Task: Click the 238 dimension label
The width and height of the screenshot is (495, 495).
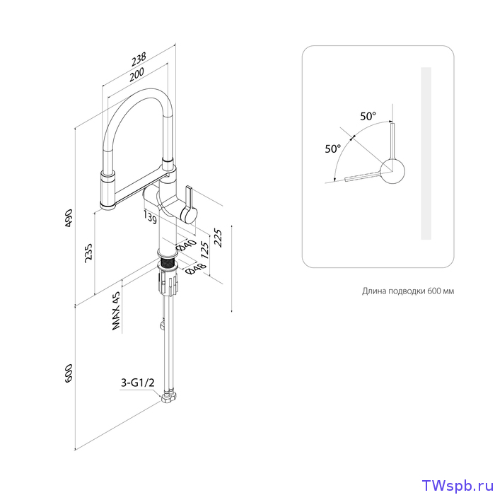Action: click(139, 59)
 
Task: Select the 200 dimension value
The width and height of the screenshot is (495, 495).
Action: click(136, 74)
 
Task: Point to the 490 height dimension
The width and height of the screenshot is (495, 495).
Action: click(69, 218)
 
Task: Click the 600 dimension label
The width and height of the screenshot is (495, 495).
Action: click(69, 374)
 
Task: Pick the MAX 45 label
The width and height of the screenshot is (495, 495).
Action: click(116, 311)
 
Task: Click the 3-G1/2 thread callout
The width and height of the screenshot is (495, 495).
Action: click(138, 383)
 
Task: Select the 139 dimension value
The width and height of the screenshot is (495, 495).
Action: click(150, 218)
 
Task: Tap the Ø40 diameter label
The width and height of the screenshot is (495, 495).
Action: click(186, 245)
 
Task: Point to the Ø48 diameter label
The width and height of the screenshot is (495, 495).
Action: click(196, 269)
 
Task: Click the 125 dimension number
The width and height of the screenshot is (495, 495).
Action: click(205, 250)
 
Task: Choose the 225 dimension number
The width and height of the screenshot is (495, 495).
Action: click(218, 238)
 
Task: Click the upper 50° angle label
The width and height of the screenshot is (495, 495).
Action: click(368, 117)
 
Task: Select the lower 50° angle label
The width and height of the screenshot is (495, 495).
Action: click(333, 148)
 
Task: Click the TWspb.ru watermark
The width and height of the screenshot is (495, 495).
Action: click(458, 485)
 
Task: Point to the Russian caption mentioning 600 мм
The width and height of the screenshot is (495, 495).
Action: click(408, 291)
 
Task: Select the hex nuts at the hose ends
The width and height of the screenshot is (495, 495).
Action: click(169, 397)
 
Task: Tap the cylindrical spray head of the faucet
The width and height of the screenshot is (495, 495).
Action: click(108, 190)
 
